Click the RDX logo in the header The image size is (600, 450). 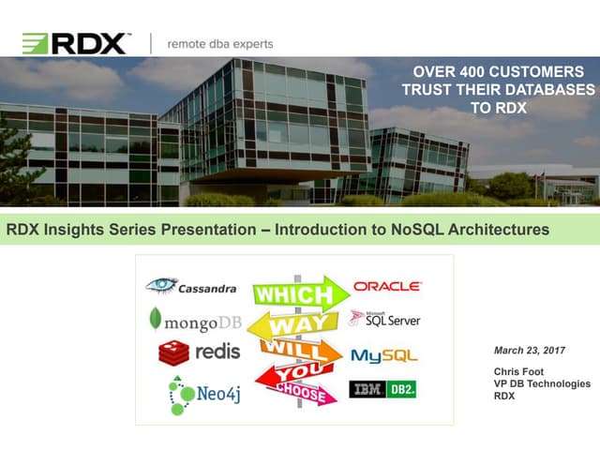pyautogui.click(x=75, y=42)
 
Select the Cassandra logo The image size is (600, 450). pyautogui.click(x=191, y=287)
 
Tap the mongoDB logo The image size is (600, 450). pyautogui.click(x=194, y=322)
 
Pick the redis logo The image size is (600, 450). pyautogui.click(x=199, y=352)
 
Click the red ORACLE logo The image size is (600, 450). pyautogui.click(x=387, y=286)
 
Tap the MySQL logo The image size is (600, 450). pyautogui.click(x=384, y=356)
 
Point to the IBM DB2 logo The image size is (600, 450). pyautogui.click(x=383, y=389)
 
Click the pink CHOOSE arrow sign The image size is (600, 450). pyautogui.click(x=300, y=394)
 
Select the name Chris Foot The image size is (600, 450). pyautogui.click(x=517, y=371)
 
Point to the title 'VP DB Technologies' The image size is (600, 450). pyautogui.click(x=542, y=383)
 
